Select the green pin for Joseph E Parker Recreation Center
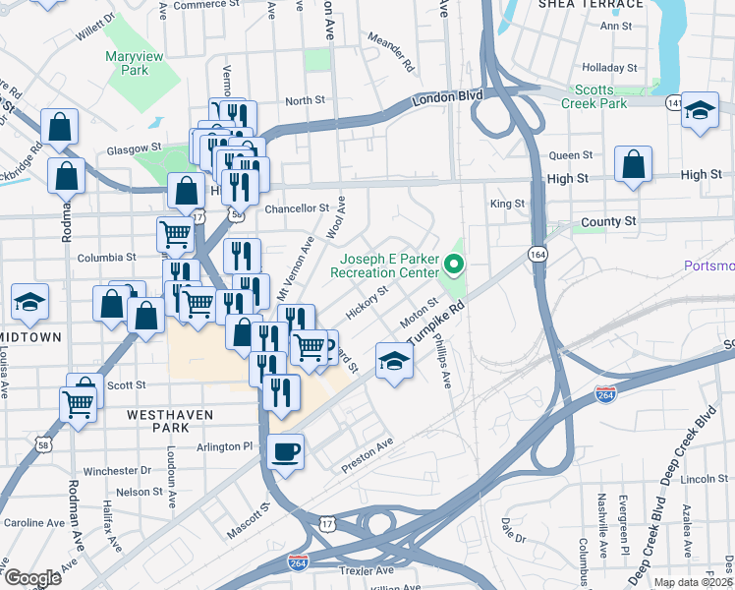coord(453,264)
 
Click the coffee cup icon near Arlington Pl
coord(286,452)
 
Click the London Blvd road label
coord(448,97)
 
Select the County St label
coord(608,222)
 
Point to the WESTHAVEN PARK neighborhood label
coord(170,423)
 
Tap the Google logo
coord(32,578)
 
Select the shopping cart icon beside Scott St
coord(78,401)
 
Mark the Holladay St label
coord(610,68)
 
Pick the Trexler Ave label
coord(367,570)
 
